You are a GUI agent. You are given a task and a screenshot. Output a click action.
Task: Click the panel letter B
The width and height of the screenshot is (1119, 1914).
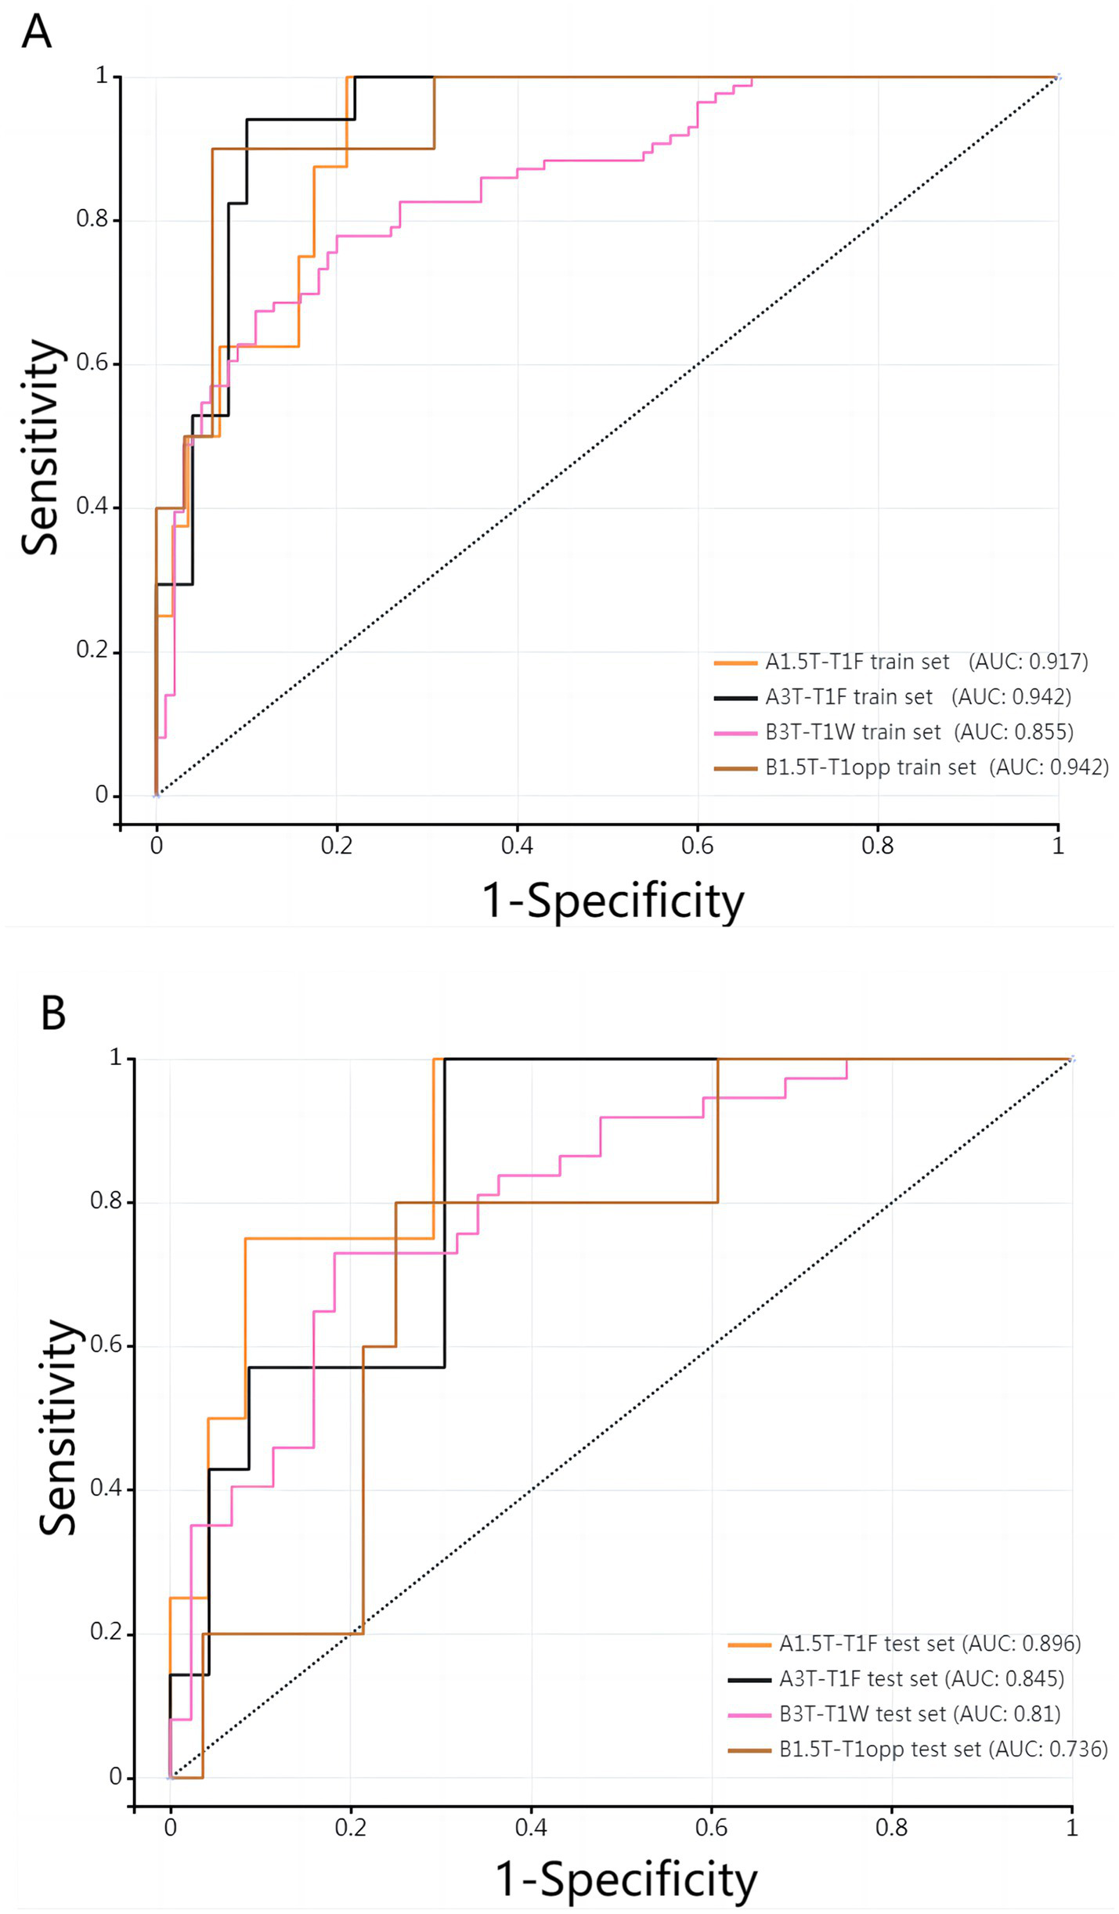point(52,1013)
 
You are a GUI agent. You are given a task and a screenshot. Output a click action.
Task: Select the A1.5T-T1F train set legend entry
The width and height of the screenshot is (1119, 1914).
point(857,662)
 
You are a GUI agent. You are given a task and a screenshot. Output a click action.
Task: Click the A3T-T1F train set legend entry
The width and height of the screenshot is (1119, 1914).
point(849,696)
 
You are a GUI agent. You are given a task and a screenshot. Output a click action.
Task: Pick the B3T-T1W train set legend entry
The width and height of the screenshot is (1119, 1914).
point(853,731)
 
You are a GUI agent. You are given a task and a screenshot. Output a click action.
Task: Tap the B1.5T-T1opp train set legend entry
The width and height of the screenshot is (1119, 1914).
point(870,767)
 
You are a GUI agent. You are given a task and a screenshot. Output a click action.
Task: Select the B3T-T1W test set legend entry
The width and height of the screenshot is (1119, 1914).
point(862,1714)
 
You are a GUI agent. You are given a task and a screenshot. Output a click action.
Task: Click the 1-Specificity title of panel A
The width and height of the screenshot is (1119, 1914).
point(612,901)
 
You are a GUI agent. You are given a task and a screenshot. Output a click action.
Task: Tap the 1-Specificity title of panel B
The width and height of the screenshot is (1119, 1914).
point(626,1879)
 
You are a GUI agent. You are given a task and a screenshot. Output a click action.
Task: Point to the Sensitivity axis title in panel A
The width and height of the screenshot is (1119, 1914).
point(41,447)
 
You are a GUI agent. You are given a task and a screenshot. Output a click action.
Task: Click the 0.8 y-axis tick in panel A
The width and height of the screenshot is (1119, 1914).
point(92,219)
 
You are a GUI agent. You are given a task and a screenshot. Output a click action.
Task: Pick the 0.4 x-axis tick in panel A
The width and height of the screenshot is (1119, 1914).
point(517,846)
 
